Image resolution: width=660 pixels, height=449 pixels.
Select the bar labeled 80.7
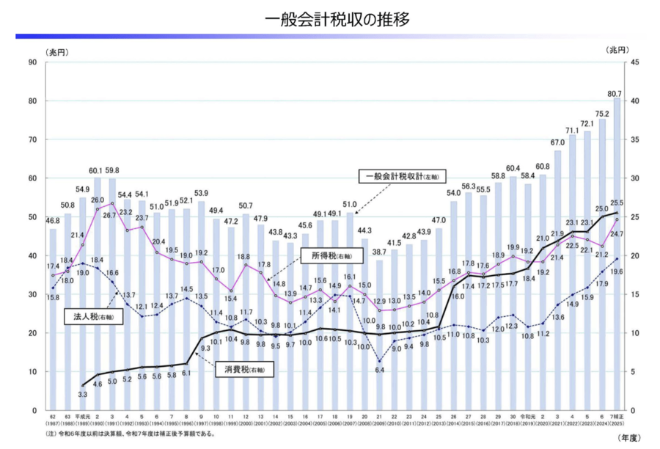(x=617, y=253)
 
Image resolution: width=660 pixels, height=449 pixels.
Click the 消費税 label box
(x=242, y=371)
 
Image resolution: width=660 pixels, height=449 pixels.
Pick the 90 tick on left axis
(x=32, y=62)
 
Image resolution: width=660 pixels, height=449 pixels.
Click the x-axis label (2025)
(x=617, y=425)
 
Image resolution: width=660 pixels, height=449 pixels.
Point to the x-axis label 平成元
(x=81, y=417)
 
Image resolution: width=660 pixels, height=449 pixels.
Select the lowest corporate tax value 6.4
(x=379, y=370)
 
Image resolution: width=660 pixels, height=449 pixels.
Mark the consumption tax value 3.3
(x=83, y=395)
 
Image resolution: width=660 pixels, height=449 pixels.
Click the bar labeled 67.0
(x=557, y=282)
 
